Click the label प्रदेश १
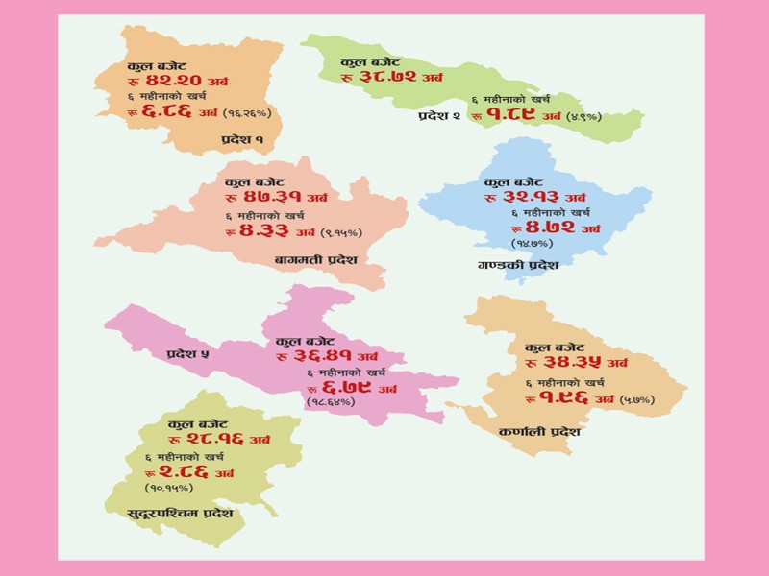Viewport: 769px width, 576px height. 242,141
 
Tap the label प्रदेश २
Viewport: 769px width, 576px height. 439,116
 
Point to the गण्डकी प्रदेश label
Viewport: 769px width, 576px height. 517,265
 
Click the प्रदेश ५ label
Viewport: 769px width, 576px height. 187,354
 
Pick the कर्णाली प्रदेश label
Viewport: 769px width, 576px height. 539,432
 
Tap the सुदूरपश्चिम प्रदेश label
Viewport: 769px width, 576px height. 181,515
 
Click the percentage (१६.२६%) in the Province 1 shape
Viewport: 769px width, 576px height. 249,113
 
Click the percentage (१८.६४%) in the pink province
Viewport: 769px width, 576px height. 330,401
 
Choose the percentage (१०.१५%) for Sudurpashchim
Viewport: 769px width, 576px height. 170,487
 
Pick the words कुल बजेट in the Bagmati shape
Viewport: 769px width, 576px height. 255,182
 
